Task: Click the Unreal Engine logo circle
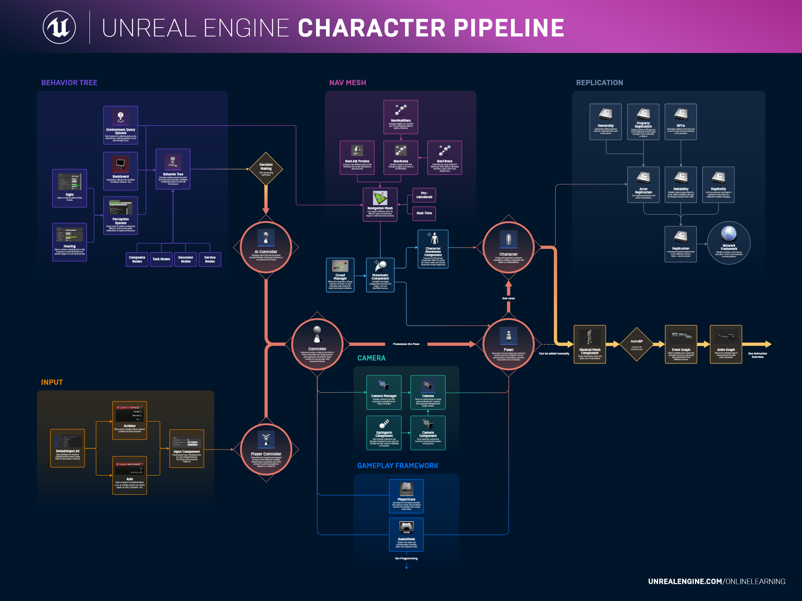59,27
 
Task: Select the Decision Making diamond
266,169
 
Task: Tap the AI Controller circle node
266,247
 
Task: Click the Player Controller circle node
266,450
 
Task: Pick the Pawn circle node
508,344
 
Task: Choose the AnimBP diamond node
637,344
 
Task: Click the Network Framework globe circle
729,243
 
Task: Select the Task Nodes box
161,259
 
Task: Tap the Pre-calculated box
424,195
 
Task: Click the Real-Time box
424,213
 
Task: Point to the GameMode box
406,534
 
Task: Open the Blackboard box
121,171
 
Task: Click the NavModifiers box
401,117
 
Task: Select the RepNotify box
718,185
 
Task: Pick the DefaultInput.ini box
67,448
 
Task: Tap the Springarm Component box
384,433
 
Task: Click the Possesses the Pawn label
406,344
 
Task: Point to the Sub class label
508,298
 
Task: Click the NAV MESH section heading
347,83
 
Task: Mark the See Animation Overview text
757,355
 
